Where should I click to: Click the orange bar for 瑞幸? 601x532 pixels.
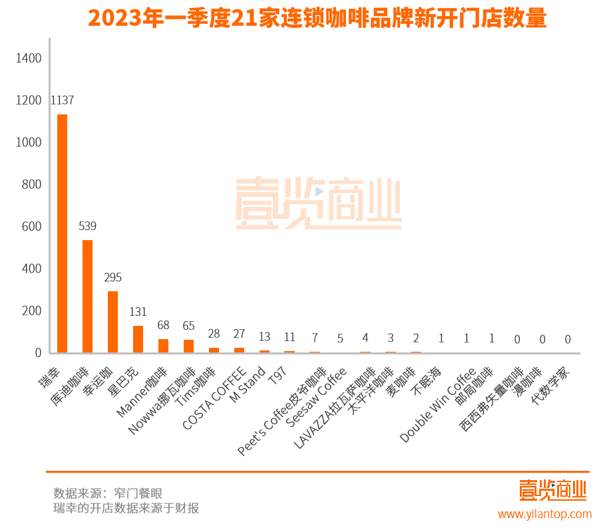62,233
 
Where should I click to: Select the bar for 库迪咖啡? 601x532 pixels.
87,296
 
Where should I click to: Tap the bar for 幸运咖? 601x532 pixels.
112,322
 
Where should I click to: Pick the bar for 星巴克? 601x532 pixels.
138,339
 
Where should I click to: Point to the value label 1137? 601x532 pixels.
62,100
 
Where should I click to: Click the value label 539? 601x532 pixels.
87,226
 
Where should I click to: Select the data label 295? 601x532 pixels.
112,277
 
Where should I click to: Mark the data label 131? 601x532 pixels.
138,312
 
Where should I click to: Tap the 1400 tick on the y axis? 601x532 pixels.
28,59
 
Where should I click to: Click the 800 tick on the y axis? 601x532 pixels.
31,184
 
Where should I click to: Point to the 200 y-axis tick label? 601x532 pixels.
31,311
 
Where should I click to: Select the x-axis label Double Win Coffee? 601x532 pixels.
438,405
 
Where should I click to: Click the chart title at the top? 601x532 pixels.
317,18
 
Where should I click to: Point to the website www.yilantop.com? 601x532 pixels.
544,514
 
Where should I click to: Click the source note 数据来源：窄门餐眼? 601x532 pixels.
108,493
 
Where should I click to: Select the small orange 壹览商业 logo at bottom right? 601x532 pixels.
552,490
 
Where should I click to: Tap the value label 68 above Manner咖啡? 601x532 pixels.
163,325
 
